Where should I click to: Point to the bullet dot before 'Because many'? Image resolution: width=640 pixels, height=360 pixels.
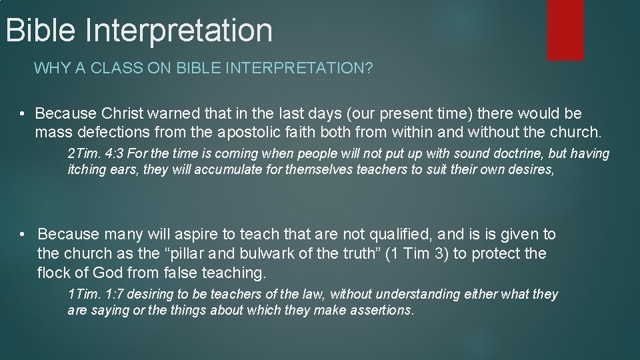click(23, 235)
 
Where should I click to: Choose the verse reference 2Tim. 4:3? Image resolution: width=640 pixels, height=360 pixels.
click(94, 154)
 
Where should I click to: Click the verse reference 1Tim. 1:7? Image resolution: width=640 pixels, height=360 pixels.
click(94, 295)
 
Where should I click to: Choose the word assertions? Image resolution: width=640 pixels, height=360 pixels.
click(382, 311)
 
